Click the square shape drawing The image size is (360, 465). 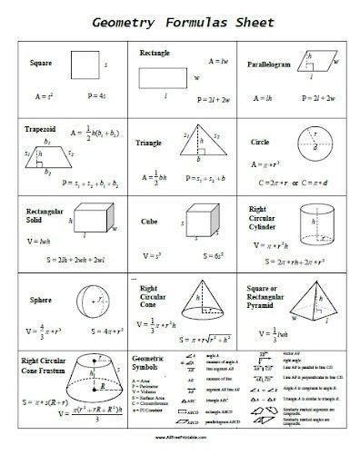click(85, 66)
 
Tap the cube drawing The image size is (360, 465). click(199, 219)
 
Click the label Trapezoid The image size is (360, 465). click(40, 130)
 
